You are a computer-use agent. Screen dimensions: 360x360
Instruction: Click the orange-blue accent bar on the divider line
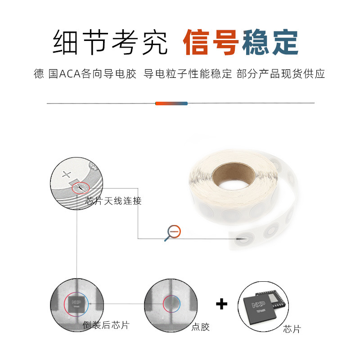click(171, 103)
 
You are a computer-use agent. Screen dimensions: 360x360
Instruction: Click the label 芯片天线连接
click(113, 201)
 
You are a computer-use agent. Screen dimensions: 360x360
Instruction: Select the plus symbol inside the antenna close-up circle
click(67, 175)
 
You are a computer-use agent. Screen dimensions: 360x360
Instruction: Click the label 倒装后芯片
click(106, 325)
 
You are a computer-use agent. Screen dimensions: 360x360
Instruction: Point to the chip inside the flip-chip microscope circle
click(77, 304)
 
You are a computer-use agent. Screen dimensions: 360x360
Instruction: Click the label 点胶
click(200, 327)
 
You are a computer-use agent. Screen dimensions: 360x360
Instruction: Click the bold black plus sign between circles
click(221, 304)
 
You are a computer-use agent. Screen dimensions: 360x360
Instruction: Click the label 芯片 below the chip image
click(292, 329)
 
